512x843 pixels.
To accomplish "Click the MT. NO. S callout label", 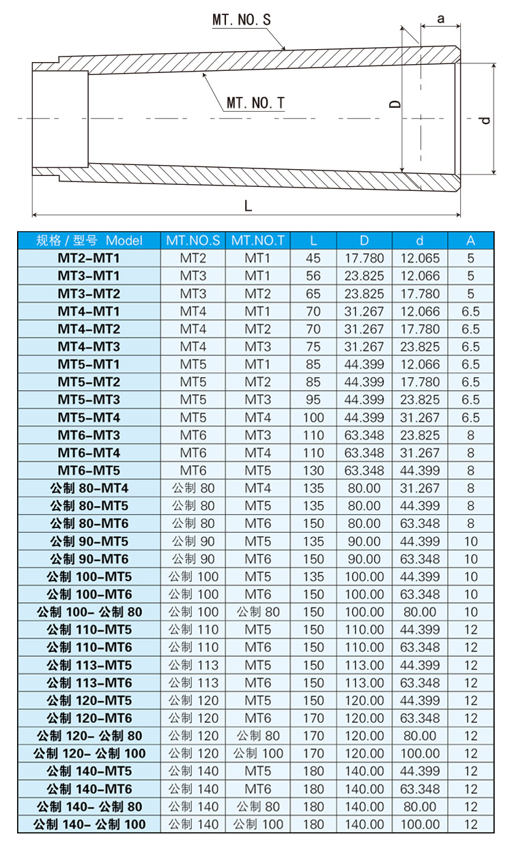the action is [x=242, y=20].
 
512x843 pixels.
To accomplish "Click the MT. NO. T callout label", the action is [x=255, y=103].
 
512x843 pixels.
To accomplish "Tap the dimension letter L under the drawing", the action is [x=248, y=206].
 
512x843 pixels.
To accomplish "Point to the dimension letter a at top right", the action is [x=440, y=18].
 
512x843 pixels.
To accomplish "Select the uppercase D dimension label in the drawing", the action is [x=395, y=104].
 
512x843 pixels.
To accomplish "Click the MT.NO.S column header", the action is [x=193, y=241].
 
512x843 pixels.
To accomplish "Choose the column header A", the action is [x=470, y=241].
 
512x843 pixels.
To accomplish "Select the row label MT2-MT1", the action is [x=89, y=258].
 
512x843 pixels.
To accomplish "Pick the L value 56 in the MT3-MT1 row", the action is [x=313, y=276].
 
